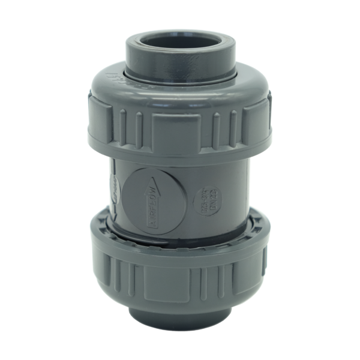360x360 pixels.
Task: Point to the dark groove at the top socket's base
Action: tap(180, 80)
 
